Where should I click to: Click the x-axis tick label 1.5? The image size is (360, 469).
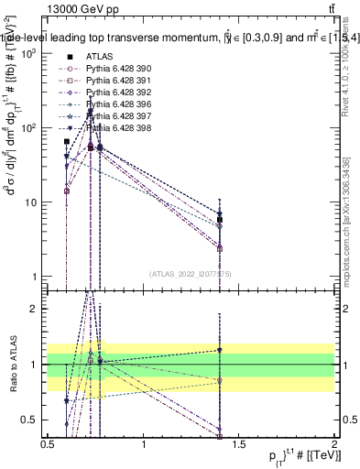click(x=239, y=442)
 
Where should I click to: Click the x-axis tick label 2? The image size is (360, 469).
click(x=334, y=442)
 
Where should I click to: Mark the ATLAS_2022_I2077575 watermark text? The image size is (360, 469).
click(x=191, y=273)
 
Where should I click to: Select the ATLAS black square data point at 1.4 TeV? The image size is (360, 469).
click(x=220, y=220)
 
